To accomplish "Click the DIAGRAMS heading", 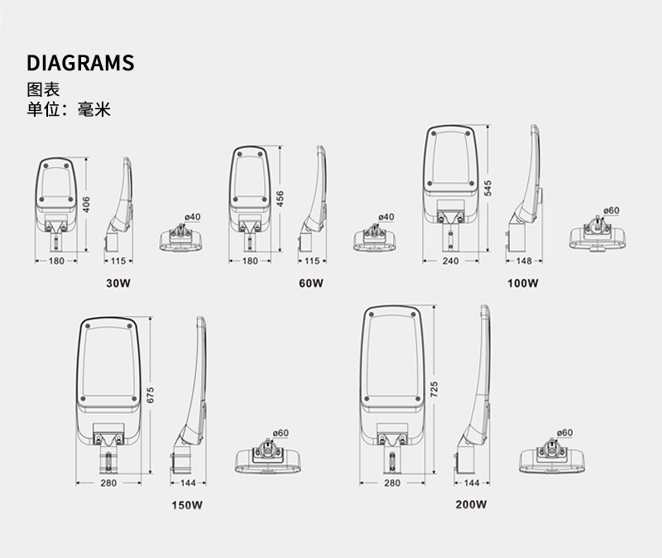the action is click(x=80, y=64).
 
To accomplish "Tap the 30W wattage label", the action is click(x=118, y=283).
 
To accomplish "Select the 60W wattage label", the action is click(x=311, y=283).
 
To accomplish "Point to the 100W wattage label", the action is click(x=523, y=283).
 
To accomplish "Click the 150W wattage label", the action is click(x=187, y=505).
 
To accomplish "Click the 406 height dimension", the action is click(x=86, y=203).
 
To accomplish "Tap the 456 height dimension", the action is click(x=281, y=200).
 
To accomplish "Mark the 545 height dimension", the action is click(x=488, y=186).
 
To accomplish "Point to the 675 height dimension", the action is click(x=151, y=395).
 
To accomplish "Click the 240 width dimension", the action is click(x=449, y=261).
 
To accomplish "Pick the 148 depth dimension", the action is click(x=524, y=261).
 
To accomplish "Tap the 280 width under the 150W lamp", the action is click(x=108, y=483).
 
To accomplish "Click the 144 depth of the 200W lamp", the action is click(x=472, y=483).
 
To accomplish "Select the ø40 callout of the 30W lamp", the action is click(x=192, y=217).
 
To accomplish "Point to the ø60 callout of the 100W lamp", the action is click(x=612, y=210).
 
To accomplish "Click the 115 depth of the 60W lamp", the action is click(x=311, y=261).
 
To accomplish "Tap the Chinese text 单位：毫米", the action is click(x=69, y=109).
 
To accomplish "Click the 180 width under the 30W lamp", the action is click(x=56, y=261).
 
